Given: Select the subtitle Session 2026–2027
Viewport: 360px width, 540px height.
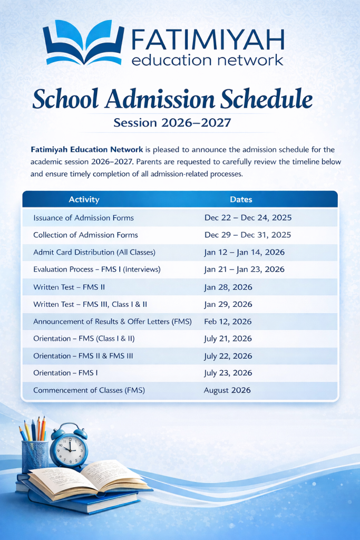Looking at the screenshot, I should (x=172, y=123).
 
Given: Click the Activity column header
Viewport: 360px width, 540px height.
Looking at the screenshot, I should (x=84, y=199).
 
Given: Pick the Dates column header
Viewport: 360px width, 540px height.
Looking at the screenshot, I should (x=241, y=199).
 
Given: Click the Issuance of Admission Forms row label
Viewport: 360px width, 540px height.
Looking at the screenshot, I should (x=83, y=218).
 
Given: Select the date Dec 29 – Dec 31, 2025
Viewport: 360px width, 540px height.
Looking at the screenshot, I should (x=247, y=235).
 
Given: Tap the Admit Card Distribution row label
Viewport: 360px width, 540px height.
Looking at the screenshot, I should (x=94, y=252).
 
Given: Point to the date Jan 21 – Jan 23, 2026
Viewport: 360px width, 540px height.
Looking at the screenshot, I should (x=244, y=269).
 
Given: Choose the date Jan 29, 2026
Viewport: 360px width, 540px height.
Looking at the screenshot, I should (x=228, y=304).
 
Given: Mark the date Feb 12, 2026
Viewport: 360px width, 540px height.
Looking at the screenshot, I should (x=228, y=322).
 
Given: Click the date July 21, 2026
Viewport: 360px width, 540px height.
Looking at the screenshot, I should (x=228, y=339).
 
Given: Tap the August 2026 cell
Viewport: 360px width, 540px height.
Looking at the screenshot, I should (x=227, y=390).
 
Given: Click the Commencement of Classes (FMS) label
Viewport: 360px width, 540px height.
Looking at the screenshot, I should (x=89, y=390).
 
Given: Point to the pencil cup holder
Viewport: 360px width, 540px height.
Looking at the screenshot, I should (x=35, y=456).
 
